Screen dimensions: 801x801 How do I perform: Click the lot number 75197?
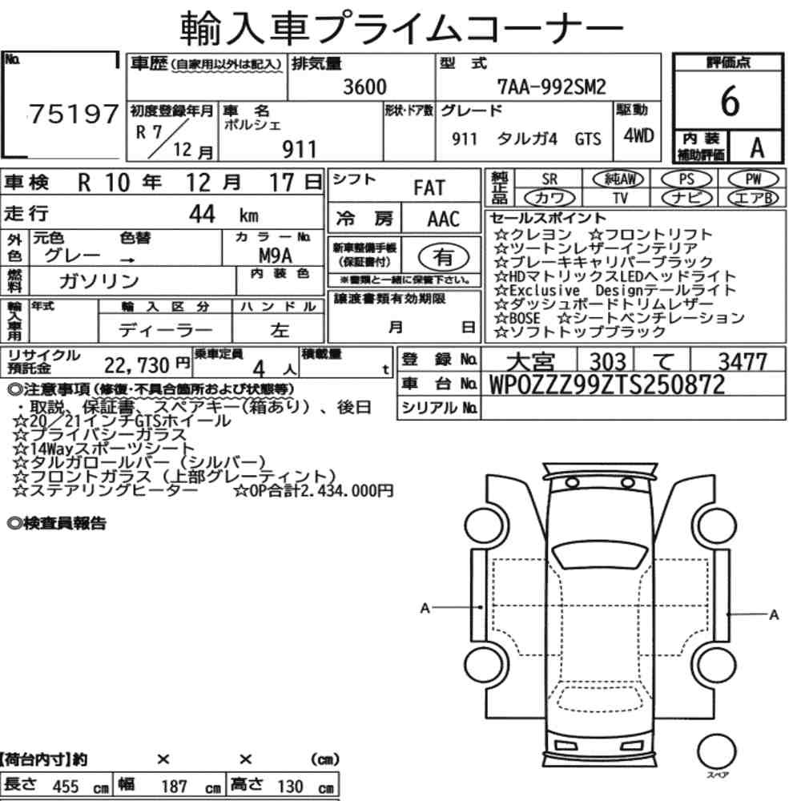click(x=74, y=114)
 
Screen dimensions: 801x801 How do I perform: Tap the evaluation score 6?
click(x=730, y=101)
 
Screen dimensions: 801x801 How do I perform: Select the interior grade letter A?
click(x=757, y=148)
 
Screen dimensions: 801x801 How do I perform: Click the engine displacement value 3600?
click(x=364, y=87)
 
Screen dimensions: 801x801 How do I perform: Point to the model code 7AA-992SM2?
click(x=552, y=87)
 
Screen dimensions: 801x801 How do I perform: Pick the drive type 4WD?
click(x=638, y=136)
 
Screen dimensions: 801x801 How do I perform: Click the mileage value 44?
click(x=202, y=214)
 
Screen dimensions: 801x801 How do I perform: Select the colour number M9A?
click(x=276, y=255)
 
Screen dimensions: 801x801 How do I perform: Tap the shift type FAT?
click(x=429, y=188)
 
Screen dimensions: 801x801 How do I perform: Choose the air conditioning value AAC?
click(x=444, y=219)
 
